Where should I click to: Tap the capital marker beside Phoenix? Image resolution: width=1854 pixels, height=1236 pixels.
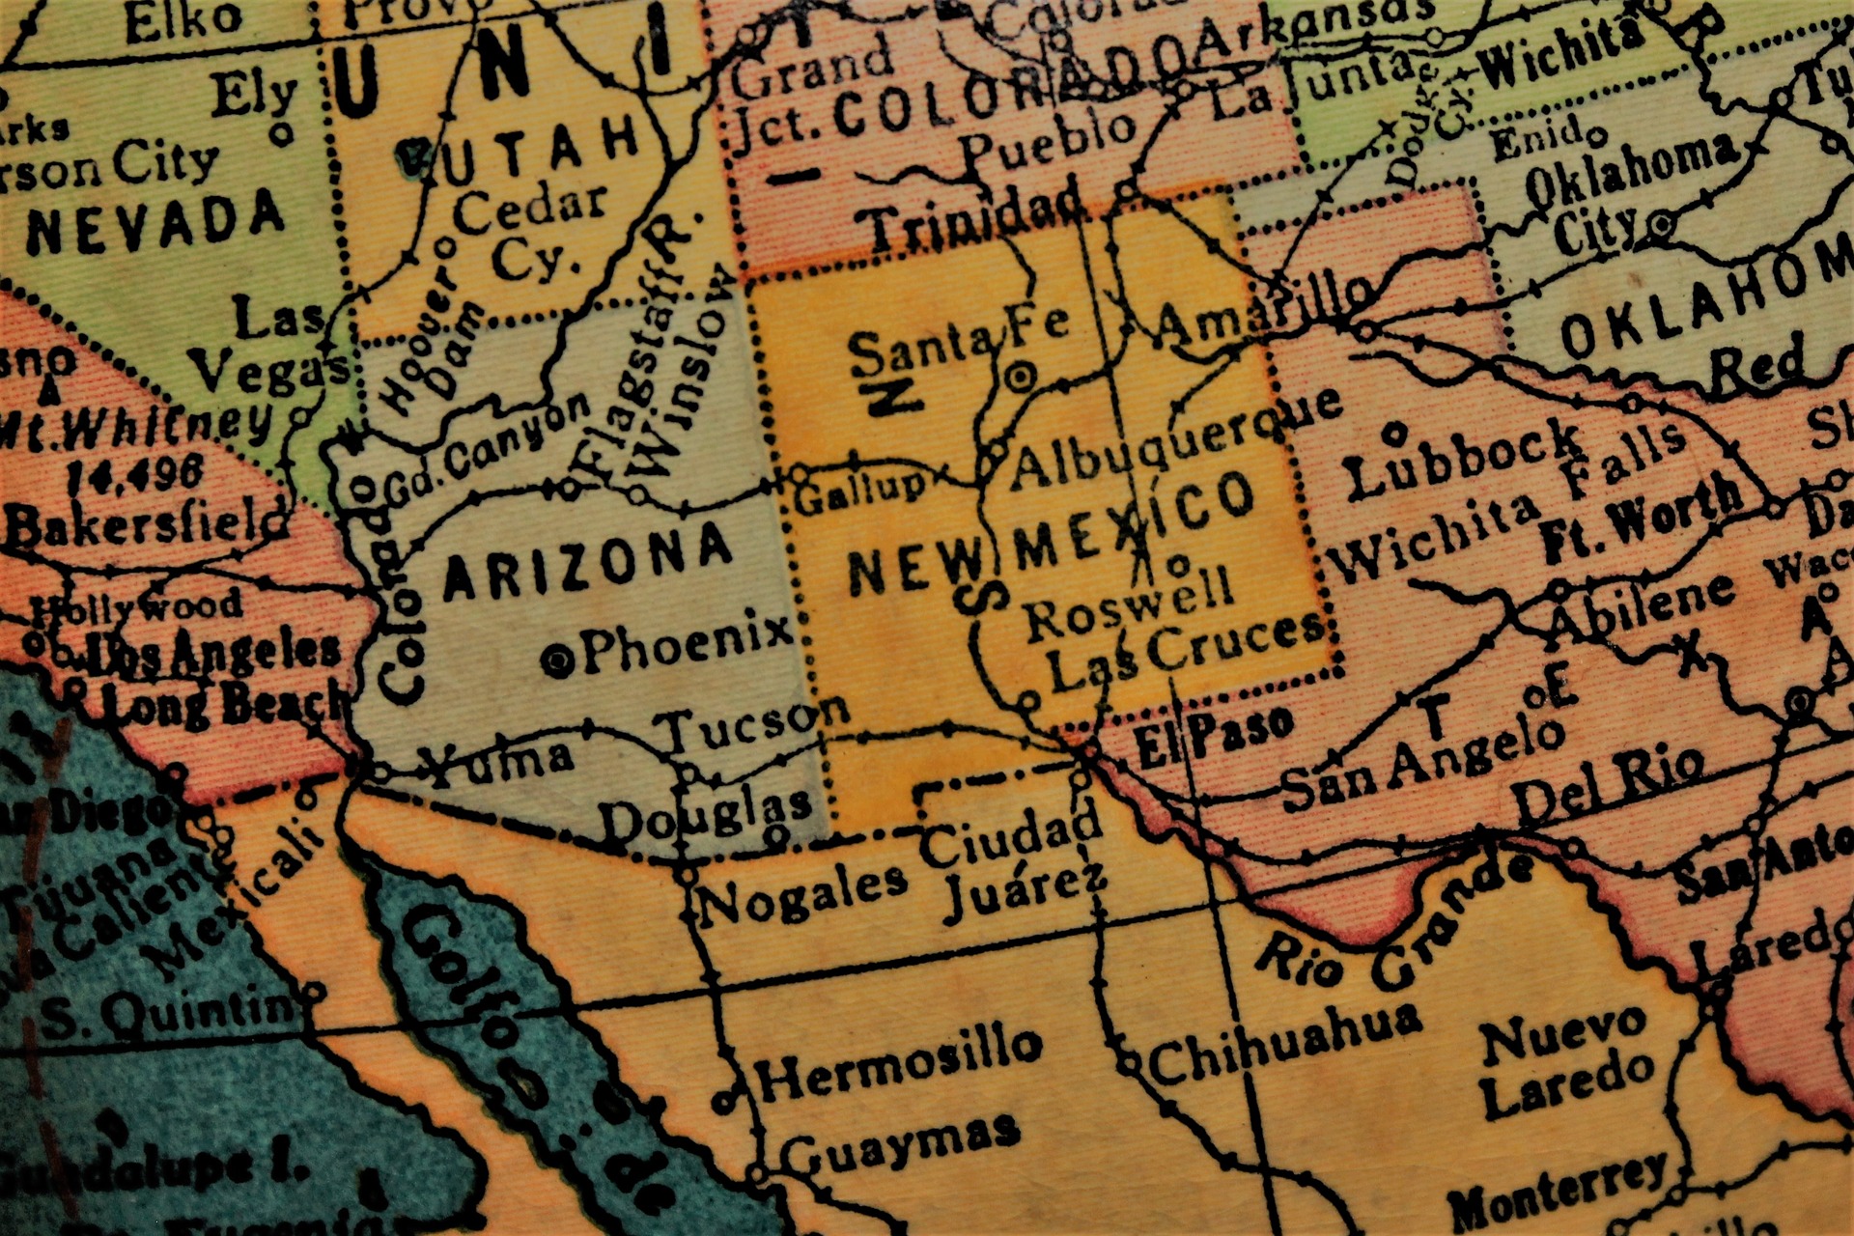pos(557,661)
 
